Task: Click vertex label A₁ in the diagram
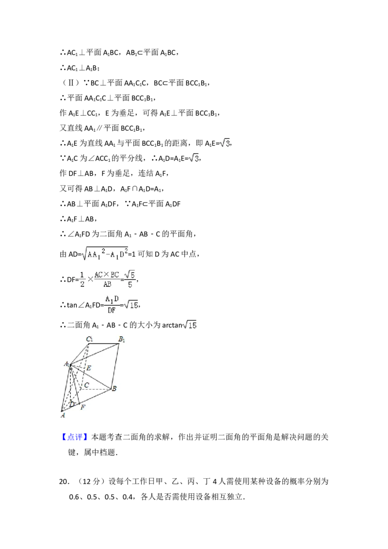click(66, 364)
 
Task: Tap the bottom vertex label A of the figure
click(63, 415)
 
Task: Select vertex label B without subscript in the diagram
click(114, 389)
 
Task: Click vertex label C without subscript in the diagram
click(86, 385)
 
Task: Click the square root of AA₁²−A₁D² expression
click(105, 254)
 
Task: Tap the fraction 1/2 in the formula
click(82, 279)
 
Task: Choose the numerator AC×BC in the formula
click(106, 274)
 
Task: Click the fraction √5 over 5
click(130, 279)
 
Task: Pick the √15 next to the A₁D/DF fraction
click(131, 305)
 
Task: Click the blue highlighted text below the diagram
click(75, 437)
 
